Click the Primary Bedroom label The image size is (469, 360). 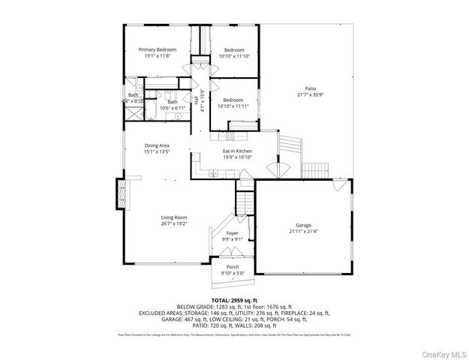tap(157, 49)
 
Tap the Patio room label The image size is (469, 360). tap(310, 88)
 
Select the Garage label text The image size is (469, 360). tap(303, 225)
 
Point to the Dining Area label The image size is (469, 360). tap(157, 145)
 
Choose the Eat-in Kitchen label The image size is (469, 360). tap(236, 151)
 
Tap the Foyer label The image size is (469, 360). tap(232, 234)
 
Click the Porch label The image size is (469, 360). tap(232, 267)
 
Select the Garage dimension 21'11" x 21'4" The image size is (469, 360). tap(303, 231)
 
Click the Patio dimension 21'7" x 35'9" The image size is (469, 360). tap(310, 94)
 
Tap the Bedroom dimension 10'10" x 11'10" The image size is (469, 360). tap(233, 56)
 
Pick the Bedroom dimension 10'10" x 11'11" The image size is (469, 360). tap(231, 106)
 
